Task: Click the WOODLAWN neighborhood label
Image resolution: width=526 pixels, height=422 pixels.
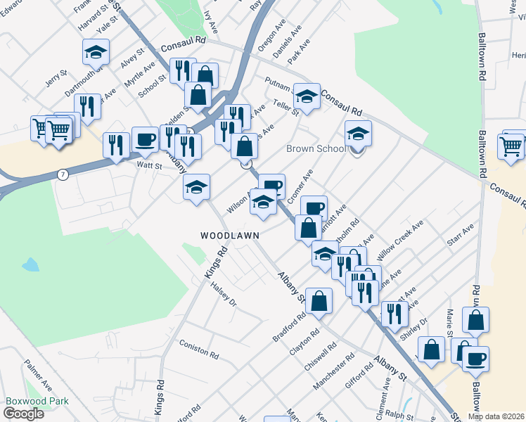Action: (230, 235)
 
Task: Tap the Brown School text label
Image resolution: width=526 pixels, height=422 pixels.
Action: (316, 149)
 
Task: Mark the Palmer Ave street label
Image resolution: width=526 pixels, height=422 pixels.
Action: (38, 376)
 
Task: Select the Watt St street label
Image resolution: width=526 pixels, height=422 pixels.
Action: (149, 166)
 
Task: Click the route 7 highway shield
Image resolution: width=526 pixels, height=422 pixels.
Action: (63, 174)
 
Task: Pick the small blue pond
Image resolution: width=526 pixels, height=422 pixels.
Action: (30, 265)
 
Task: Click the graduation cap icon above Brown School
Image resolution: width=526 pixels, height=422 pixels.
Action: (358, 133)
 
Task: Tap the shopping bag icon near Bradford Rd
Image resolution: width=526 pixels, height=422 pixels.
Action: (319, 300)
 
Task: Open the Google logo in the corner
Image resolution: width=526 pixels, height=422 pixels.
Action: (23, 414)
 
